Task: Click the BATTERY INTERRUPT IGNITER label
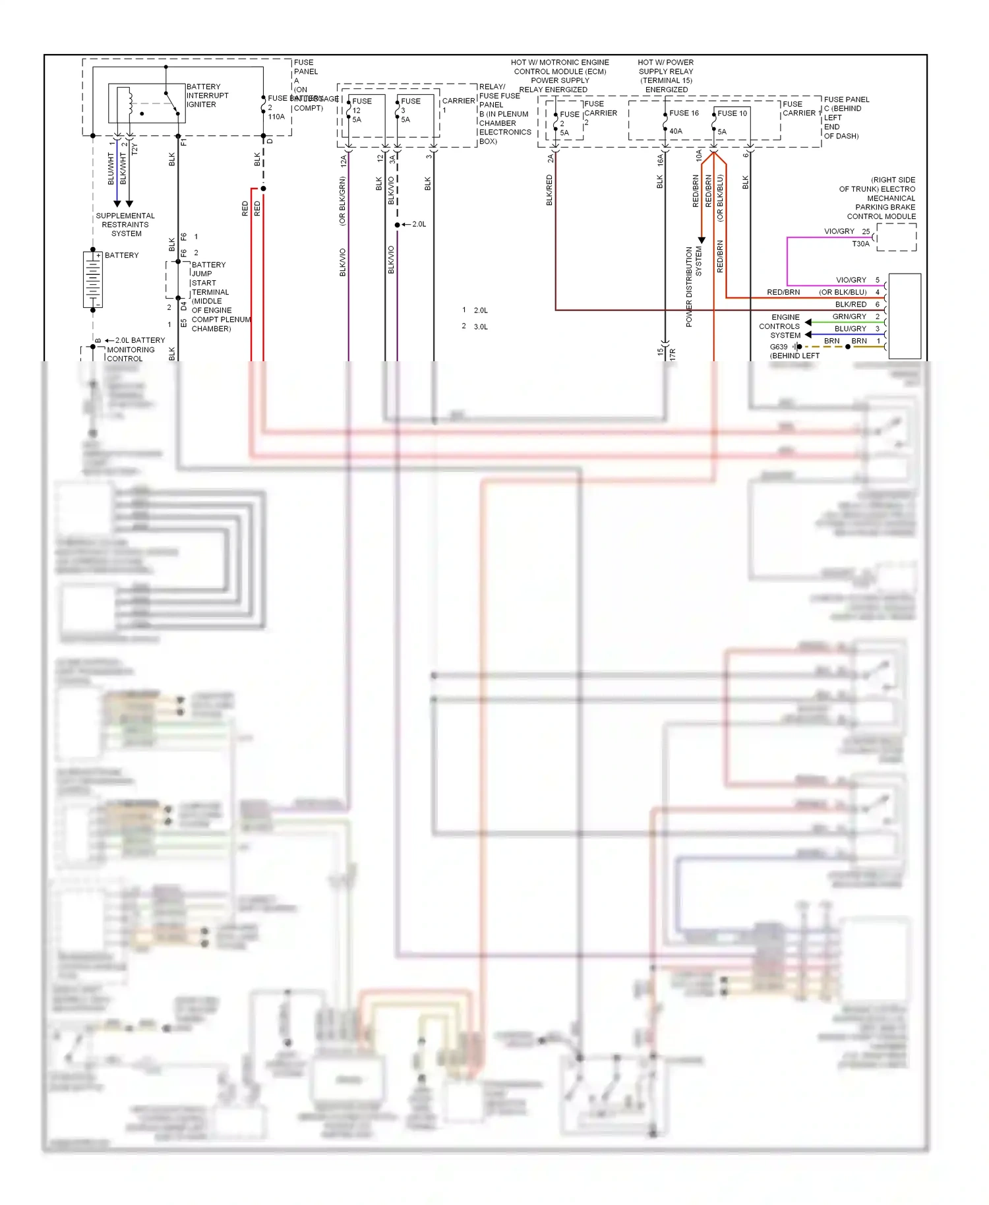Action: click(x=207, y=96)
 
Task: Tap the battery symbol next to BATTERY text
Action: click(x=93, y=279)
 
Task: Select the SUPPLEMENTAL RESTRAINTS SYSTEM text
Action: click(x=125, y=225)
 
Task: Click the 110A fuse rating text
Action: click(x=276, y=117)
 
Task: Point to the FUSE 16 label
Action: click(x=684, y=113)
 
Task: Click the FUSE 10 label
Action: click(x=732, y=113)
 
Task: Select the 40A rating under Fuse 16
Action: click(x=676, y=131)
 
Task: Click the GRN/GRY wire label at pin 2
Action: click(x=849, y=317)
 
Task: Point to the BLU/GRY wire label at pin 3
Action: click(x=850, y=328)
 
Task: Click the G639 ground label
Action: click(x=779, y=347)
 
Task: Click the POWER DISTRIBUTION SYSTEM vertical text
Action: click(x=693, y=286)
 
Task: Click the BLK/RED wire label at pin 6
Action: click(x=851, y=305)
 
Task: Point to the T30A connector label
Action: click(x=860, y=244)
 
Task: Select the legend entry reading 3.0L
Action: click(x=480, y=327)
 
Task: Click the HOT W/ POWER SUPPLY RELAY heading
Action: click(x=666, y=76)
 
